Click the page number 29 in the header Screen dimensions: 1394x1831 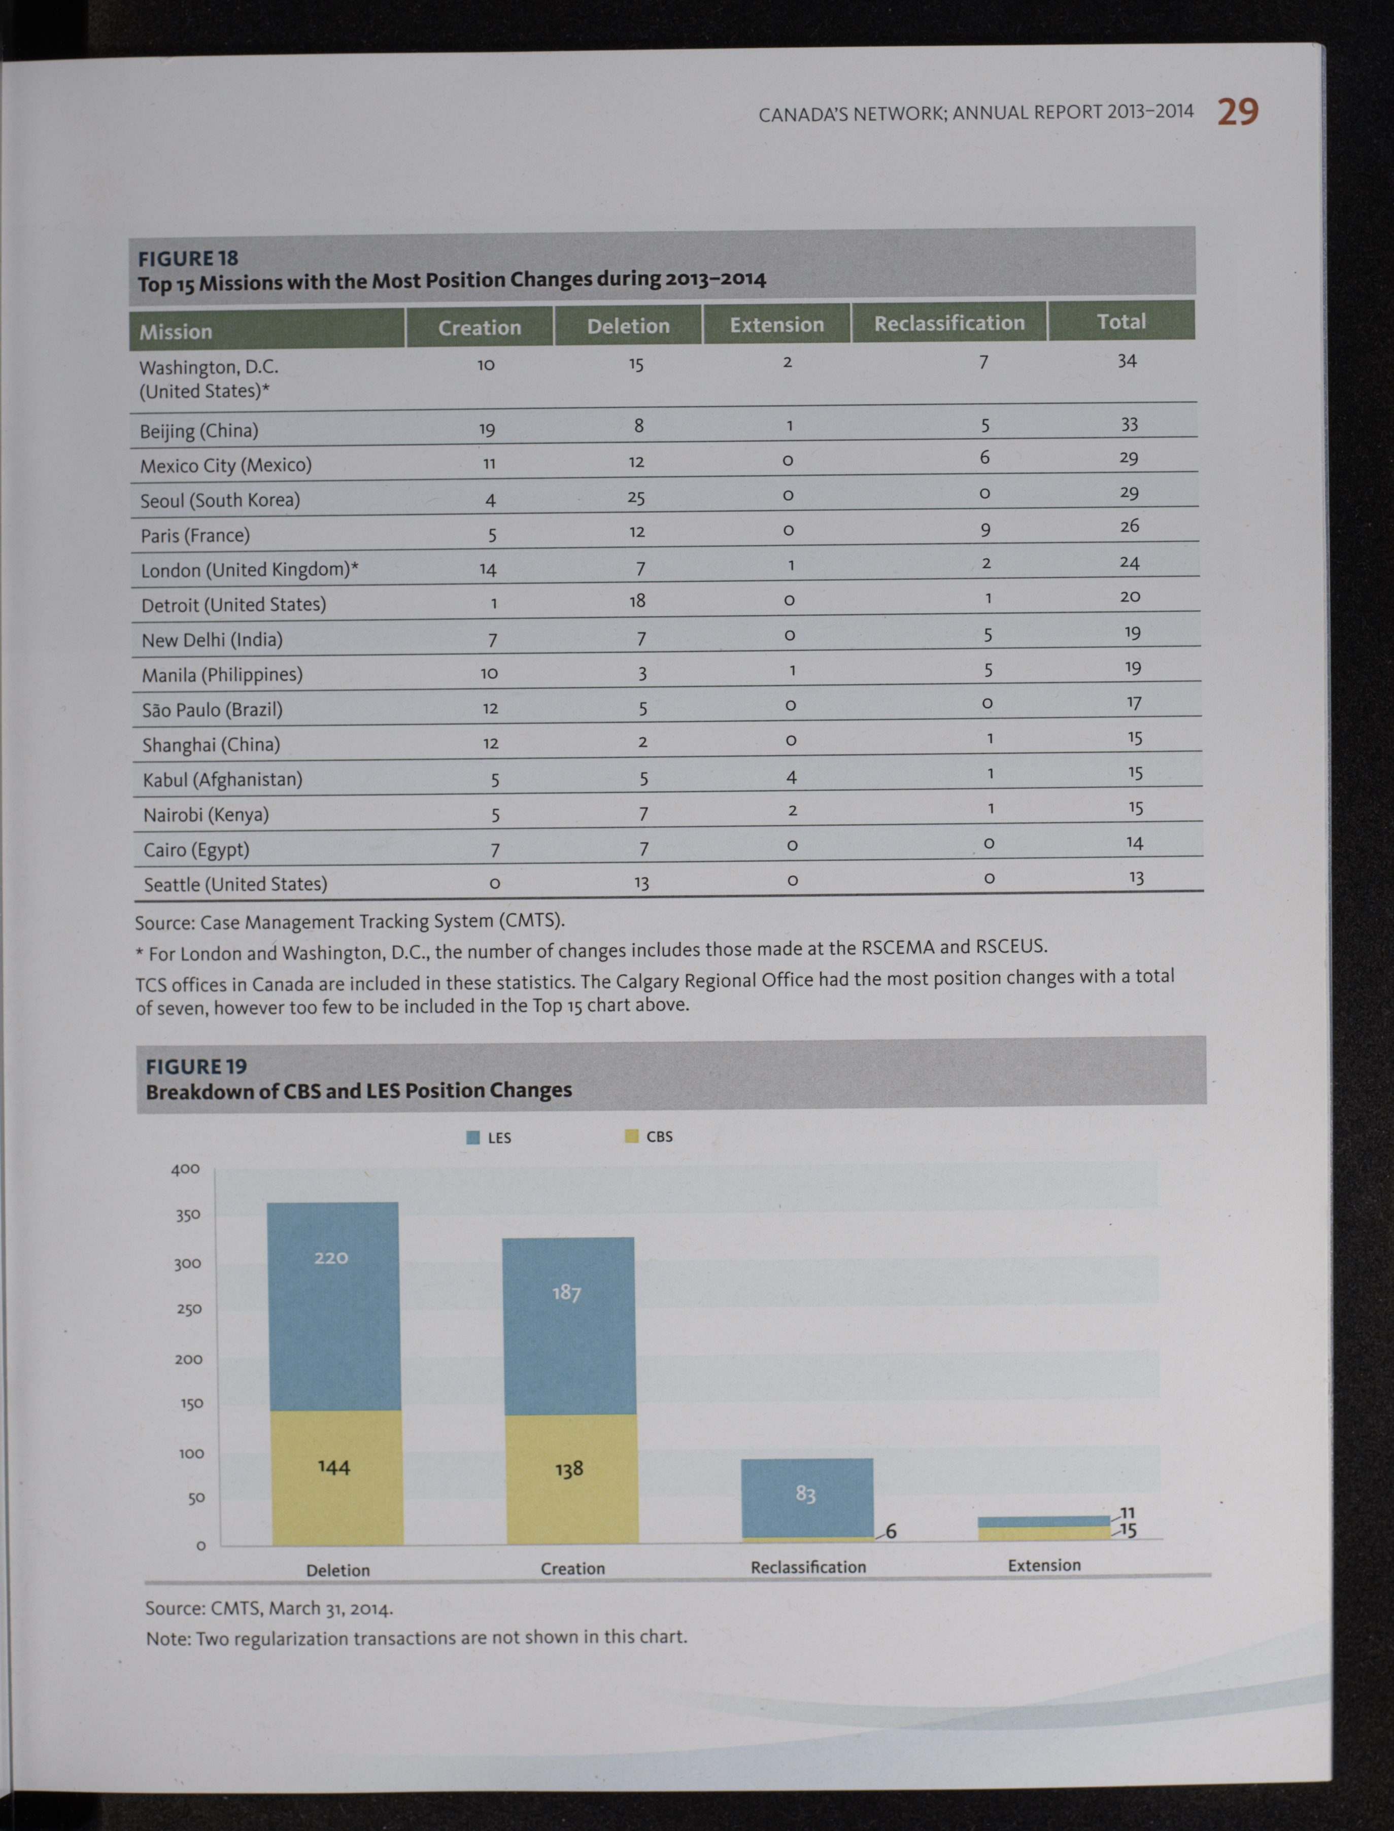pos(1237,111)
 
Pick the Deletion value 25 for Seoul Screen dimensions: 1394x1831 pos(636,498)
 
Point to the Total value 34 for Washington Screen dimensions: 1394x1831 pos(1127,361)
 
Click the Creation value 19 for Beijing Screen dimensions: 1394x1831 pos(487,429)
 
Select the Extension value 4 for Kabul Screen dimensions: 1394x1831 pos(792,777)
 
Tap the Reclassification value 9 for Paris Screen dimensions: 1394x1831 pos(986,529)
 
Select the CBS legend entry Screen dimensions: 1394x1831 pos(649,1136)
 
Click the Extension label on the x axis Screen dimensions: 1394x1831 pos(1044,1566)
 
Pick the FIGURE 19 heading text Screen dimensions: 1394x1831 pos(197,1067)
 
